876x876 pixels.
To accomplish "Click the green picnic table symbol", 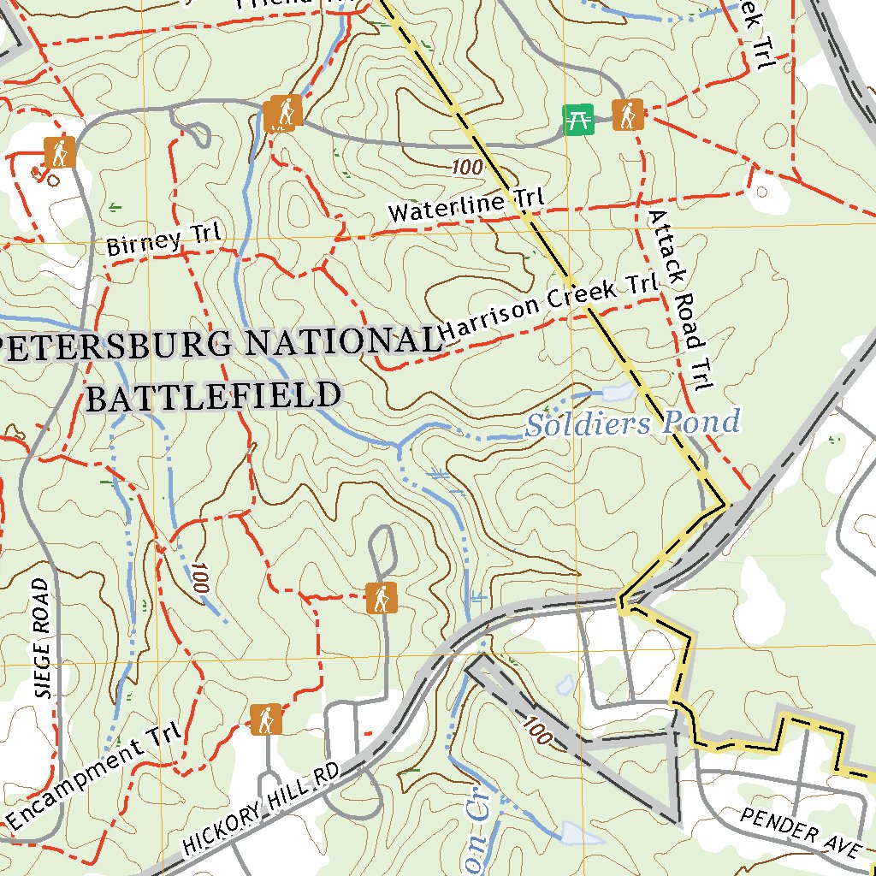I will pos(579,120).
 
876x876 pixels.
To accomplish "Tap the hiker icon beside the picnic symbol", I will pos(627,115).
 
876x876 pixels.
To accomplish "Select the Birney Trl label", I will pos(163,240).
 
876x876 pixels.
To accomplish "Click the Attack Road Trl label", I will pos(680,299).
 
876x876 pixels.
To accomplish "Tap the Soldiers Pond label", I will pos(631,423).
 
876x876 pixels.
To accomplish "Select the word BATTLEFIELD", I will pos(214,396).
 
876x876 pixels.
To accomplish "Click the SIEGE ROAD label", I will pos(42,637).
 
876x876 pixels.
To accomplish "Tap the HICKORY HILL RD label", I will pos(261,808).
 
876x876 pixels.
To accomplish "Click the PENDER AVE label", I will pos(800,830).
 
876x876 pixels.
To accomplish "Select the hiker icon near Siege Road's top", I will pos(60,152).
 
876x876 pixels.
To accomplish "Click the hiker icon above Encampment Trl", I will pos(266,719).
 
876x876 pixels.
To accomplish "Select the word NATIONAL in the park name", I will pos(341,342).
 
